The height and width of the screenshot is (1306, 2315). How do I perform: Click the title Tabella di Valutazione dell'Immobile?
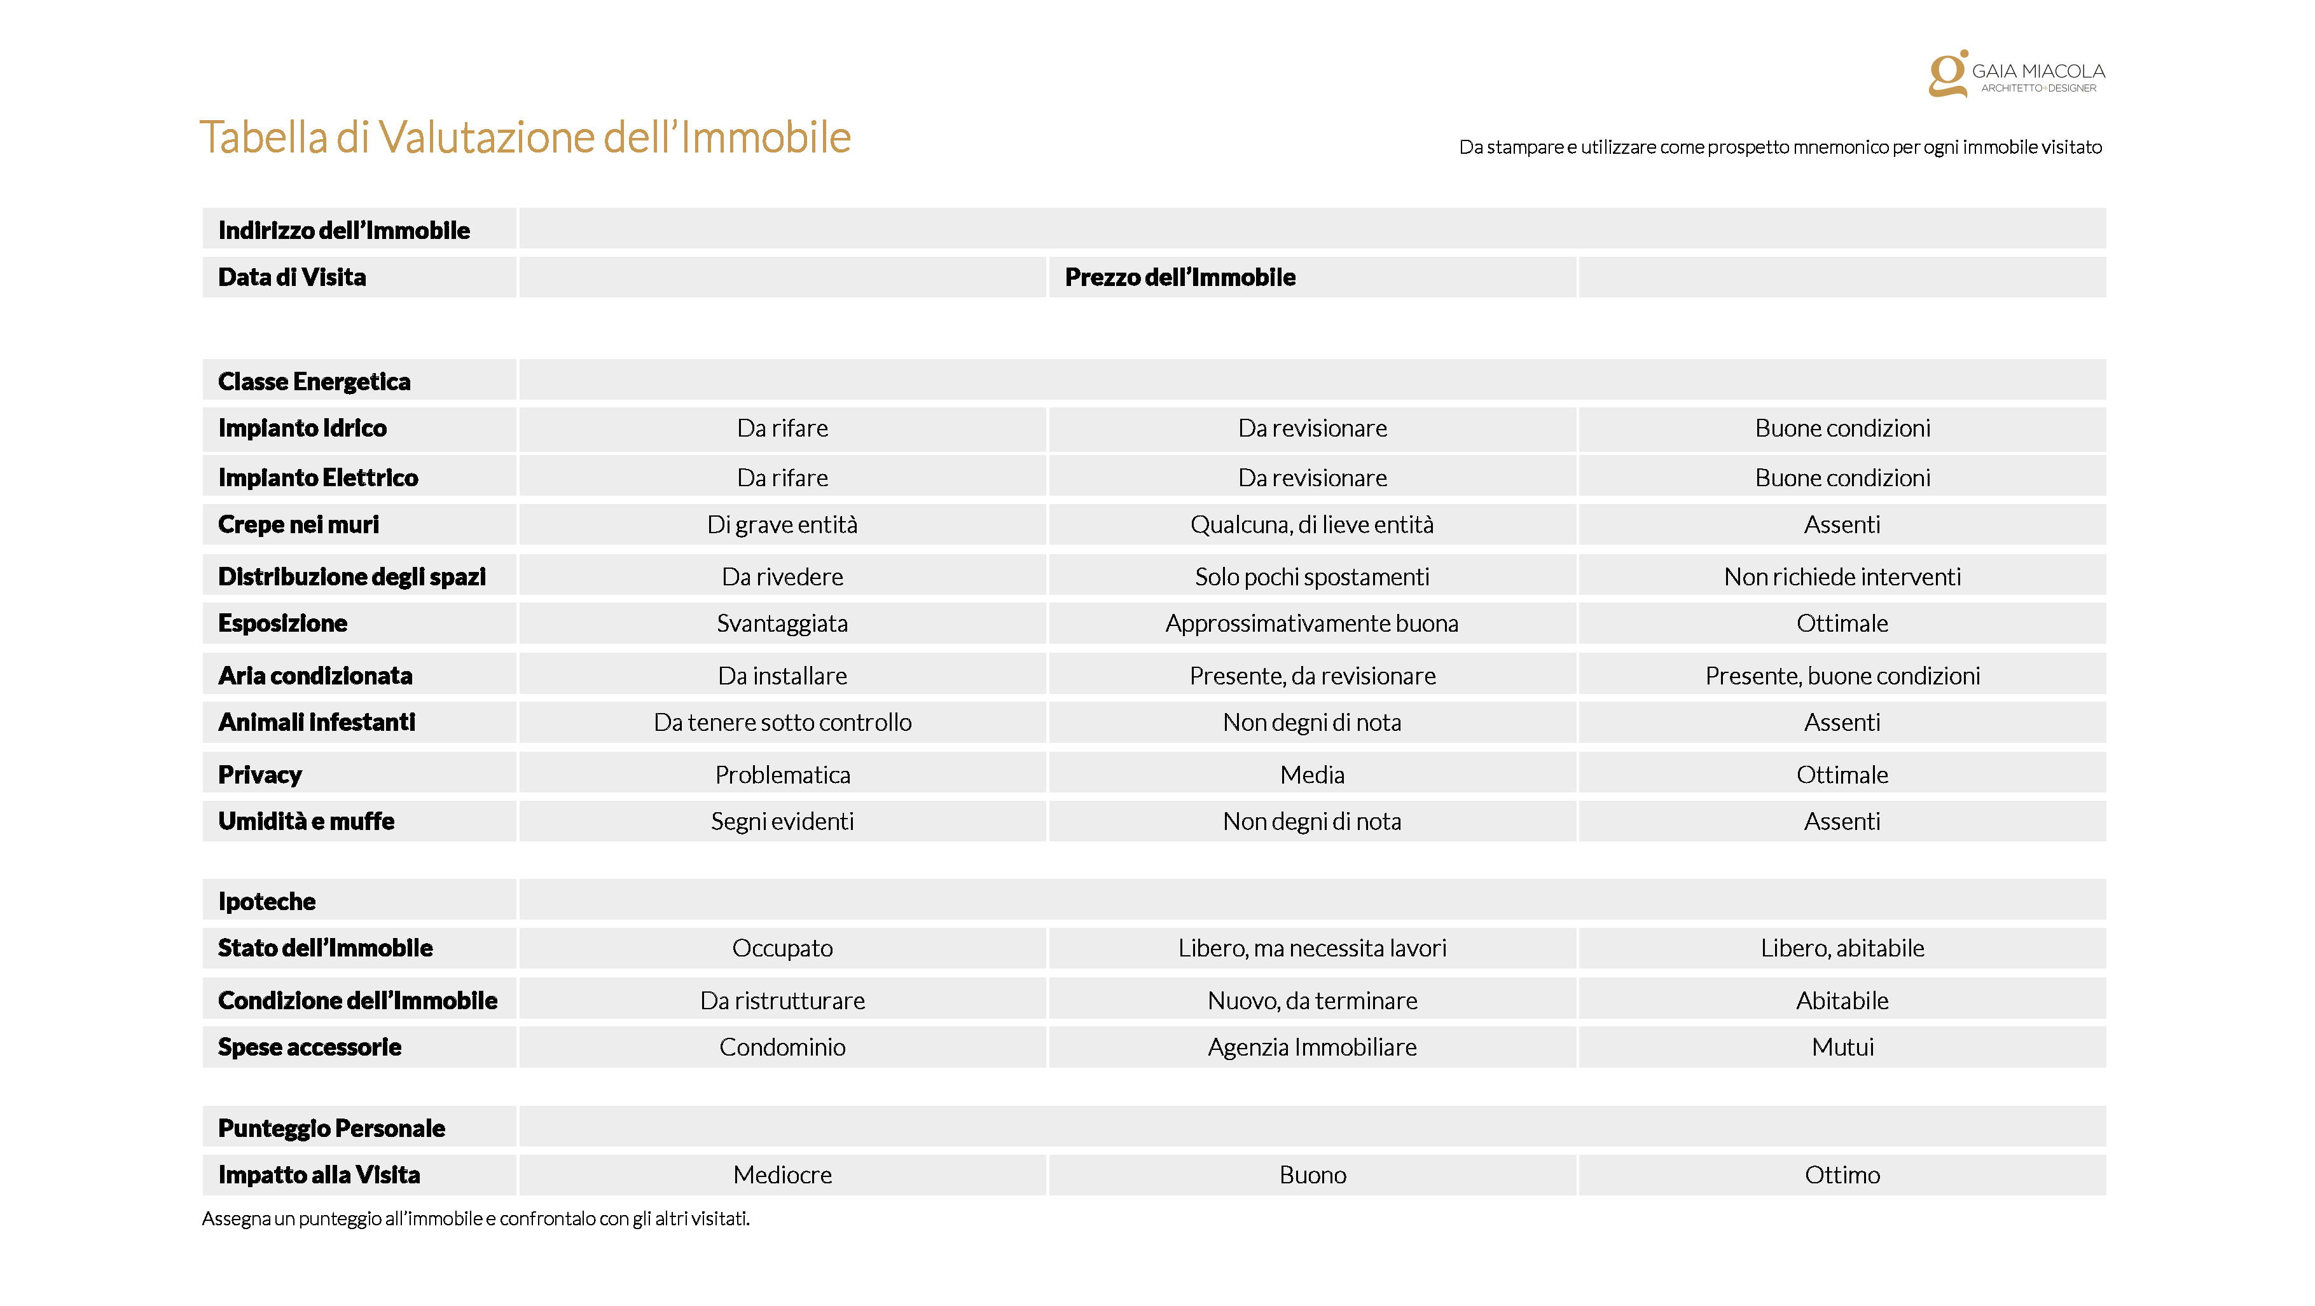(525, 137)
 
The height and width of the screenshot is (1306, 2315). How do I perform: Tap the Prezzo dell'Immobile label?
(1180, 278)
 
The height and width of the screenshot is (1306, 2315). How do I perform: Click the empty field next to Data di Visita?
(783, 278)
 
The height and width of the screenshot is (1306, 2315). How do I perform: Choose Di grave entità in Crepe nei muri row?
(783, 524)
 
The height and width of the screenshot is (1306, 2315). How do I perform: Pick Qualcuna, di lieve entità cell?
(1312, 524)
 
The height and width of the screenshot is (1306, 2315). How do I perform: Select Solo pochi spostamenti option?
(1312, 576)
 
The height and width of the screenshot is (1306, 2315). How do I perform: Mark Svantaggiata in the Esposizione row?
(783, 623)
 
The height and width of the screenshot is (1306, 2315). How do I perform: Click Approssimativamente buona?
(1312, 623)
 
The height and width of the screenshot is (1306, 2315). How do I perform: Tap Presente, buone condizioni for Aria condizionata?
(1842, 676)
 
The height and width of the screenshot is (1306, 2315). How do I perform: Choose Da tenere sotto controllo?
(783, 722)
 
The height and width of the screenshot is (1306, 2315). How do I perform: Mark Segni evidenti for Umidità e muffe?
(783, 821)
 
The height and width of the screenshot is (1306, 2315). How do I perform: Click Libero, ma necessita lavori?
(1312, 948)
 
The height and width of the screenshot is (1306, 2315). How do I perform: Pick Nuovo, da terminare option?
(1312, 1000)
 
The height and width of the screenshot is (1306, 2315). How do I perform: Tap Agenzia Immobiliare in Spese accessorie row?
(1312, 1047)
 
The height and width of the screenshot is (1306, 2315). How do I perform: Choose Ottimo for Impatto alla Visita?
(1842, 1175)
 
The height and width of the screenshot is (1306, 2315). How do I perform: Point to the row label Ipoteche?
(267, 901)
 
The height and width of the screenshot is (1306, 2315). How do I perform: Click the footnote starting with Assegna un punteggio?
(476, 1219)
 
